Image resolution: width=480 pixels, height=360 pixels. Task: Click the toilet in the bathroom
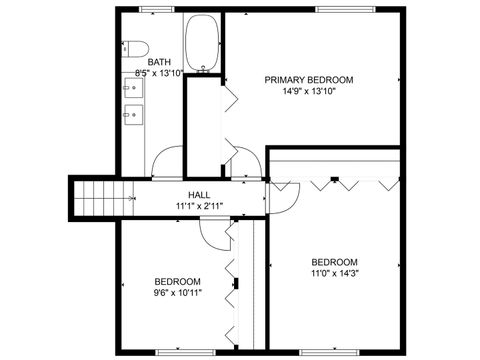(x=135, y=48)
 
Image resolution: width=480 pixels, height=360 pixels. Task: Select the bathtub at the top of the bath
(x=204, y=44)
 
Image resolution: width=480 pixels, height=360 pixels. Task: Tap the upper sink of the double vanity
(x=131, y=87)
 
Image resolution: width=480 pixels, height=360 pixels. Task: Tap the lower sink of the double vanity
(x=131, y=115)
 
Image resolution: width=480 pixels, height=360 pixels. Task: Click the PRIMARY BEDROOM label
(x=308, y=79)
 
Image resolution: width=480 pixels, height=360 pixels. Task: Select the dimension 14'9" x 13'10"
(x=308, y=91)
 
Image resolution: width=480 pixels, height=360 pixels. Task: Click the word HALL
(x=199, y=194)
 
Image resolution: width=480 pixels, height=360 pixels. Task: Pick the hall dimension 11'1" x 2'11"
(x=199, y=206)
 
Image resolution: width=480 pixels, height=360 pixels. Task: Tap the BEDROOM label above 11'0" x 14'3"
(x=334, y=262)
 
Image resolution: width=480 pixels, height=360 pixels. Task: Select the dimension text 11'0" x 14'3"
(x=334, y=274)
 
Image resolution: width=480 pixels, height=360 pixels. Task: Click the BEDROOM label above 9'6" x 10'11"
(x=177, y=281)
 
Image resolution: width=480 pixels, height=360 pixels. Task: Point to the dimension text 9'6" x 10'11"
(x=177, y=293)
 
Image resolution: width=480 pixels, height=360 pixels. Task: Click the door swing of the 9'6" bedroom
(x=213, y=234)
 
